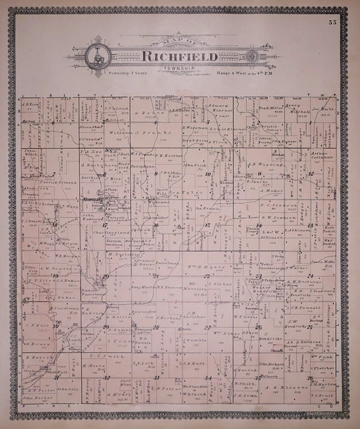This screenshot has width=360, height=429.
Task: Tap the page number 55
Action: click(x=333, y=23)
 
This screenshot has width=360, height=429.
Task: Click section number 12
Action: click(x=310, y=173)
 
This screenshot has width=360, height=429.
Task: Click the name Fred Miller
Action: click(x=270, y=107)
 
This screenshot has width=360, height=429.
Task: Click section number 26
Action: click(x=259, y=326)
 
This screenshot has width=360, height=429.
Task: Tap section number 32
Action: click(x=106, y=377)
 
